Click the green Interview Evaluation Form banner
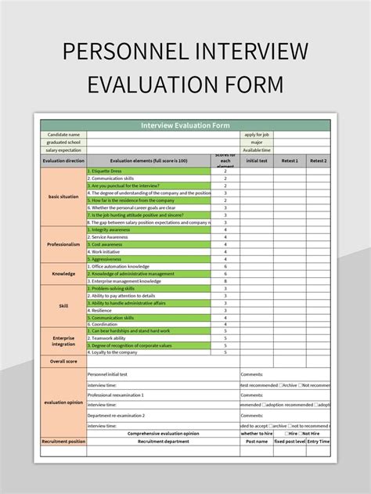click(185, 124)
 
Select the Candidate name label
click(63, 135)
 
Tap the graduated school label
click(63, 142)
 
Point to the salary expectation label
click(63, 150)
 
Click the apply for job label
click(256, 135)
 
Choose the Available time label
click(256, 150)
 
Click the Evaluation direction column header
click(63, 160)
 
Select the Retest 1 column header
click(290, 160)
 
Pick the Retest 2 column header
click(318, 160)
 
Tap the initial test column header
click(257, 160)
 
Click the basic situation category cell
click(63, 197)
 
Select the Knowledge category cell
click(63, 273)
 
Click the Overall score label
click(63, 362)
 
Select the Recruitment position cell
click(63, 442)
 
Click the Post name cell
click(256, 442)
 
